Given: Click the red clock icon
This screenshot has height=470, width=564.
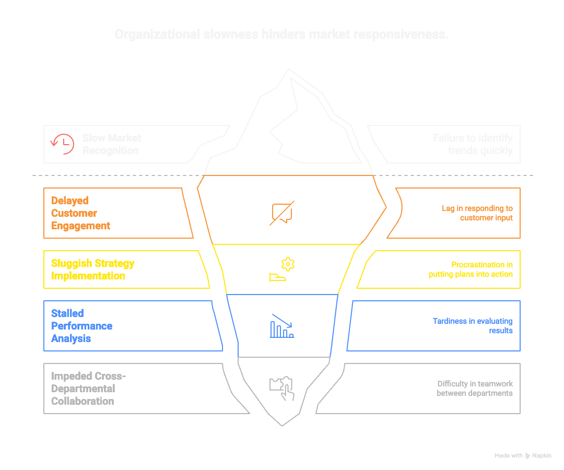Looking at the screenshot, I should [62, 144].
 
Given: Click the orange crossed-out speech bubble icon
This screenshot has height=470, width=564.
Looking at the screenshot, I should [282, 213].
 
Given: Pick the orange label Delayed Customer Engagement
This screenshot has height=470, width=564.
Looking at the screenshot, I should [81, 213].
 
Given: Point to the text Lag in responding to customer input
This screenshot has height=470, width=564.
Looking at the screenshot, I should [477, 213].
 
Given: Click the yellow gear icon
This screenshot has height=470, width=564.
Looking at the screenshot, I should [288, 264].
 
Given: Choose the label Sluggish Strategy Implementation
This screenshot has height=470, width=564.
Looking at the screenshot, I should [92, 269].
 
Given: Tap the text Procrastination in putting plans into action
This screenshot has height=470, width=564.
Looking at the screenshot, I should [471, 269].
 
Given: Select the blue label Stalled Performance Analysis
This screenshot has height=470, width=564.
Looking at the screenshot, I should [81, 326].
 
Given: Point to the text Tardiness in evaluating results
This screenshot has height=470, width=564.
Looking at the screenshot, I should [473, 326].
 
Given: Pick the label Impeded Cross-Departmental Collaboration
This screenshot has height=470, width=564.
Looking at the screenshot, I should [88, 389].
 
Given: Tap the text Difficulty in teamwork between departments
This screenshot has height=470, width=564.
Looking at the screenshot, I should [475, 389].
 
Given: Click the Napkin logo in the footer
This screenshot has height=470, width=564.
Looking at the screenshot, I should [528, 456].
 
